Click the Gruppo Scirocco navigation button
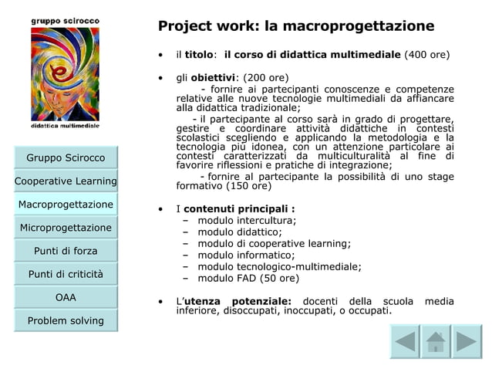[x=66, y=158]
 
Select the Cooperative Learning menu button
[x=66, y=181]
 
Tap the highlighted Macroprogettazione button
[x=66, y=205]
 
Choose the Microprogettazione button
[x=66, y=228]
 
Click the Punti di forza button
[x=66, y=251]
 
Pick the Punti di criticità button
[x=66, y=274]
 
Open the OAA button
[x=66, y=297]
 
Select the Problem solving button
[x=66, y=320]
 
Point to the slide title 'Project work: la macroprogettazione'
[x=295, y=27]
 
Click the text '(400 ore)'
[x=423, y=56]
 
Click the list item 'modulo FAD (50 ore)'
[x=248, y=278]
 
